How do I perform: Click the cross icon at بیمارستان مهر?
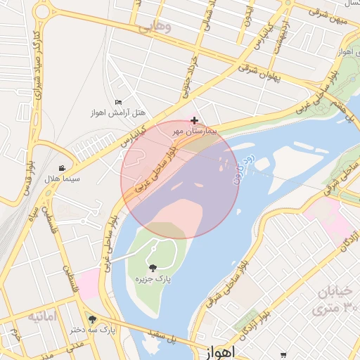[195, 121]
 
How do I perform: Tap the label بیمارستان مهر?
[196, 131]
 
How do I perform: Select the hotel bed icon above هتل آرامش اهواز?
[117, 103]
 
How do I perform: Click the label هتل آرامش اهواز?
[117, 112]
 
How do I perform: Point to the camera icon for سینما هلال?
[63, 168]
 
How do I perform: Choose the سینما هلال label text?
[63, 179]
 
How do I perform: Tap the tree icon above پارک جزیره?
[153, 268]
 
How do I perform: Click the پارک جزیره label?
[153, 279]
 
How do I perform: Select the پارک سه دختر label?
[93, 329]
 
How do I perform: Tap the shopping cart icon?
[283, 355]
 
